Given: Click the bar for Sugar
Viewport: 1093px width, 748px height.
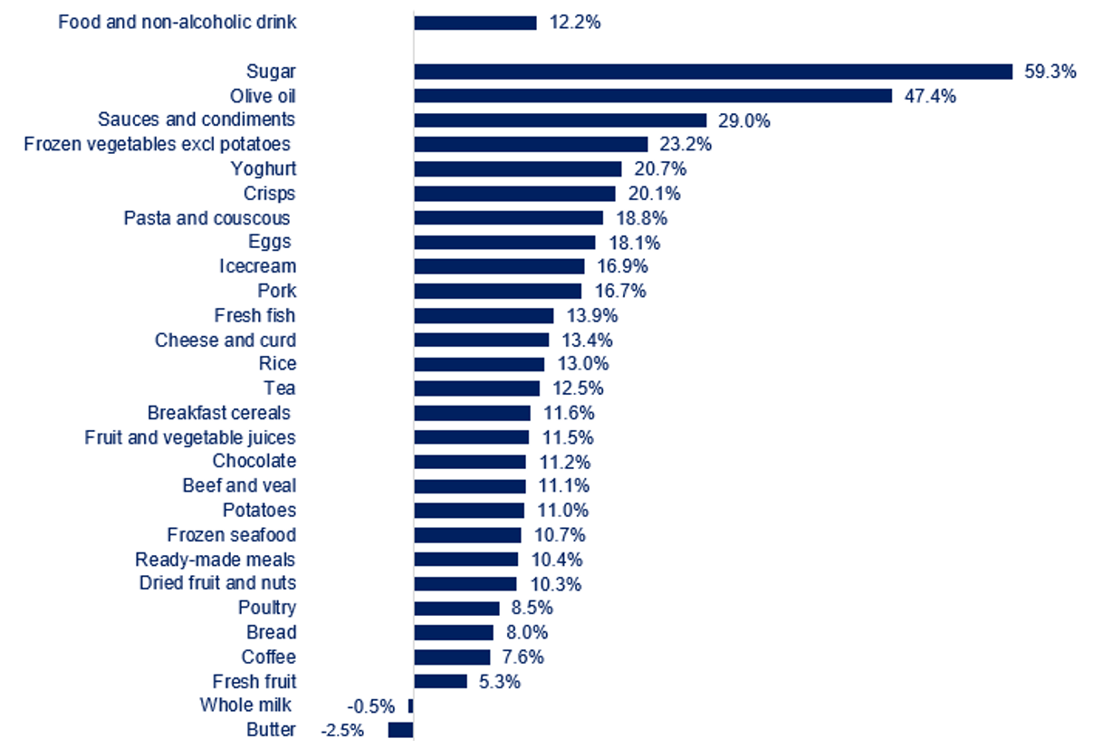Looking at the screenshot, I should pos(713,72).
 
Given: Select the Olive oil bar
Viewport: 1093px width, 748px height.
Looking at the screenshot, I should pos(653,96).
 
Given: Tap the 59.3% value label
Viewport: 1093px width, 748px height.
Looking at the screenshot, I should pos(1050,72).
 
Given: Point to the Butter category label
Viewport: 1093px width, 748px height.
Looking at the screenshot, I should pos(271,730).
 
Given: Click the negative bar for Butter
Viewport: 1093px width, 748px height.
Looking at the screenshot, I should pos(400,730).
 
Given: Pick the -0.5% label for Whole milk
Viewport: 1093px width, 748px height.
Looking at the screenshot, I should pos(371,705).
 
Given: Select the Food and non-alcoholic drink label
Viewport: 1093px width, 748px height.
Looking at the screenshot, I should pos(177,22).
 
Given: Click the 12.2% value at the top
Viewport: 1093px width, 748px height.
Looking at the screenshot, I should pos(574,23).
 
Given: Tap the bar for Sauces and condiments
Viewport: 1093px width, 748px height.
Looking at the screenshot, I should pos(560,120).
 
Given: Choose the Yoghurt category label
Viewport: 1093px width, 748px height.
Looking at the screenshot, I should pos(263,168).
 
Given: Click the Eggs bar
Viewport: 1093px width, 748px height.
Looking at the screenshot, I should pos(504,243).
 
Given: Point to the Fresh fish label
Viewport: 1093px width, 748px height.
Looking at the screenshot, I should pos(254,315).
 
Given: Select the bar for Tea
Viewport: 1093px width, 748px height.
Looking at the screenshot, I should pos(476,388).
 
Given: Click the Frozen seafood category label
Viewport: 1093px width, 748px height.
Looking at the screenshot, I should pos(231,535).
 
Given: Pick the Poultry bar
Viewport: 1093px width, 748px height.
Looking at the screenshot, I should pos(456,609).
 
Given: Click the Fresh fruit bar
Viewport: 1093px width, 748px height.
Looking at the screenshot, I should pos(440,681).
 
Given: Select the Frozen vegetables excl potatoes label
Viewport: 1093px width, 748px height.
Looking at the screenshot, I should pos(157,144).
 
